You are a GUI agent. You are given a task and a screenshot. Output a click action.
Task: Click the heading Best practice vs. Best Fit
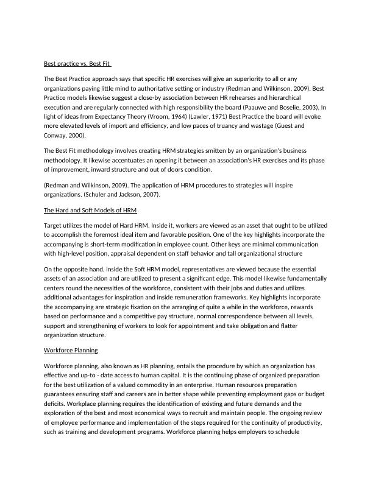[x=77, y=64]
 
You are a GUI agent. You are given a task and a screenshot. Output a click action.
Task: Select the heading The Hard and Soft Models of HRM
[x=90, y=210]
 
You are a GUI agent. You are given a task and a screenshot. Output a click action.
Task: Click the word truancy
[x=243, y=125]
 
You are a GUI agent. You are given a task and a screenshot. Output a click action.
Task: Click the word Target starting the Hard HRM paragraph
[x=54, y=225]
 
